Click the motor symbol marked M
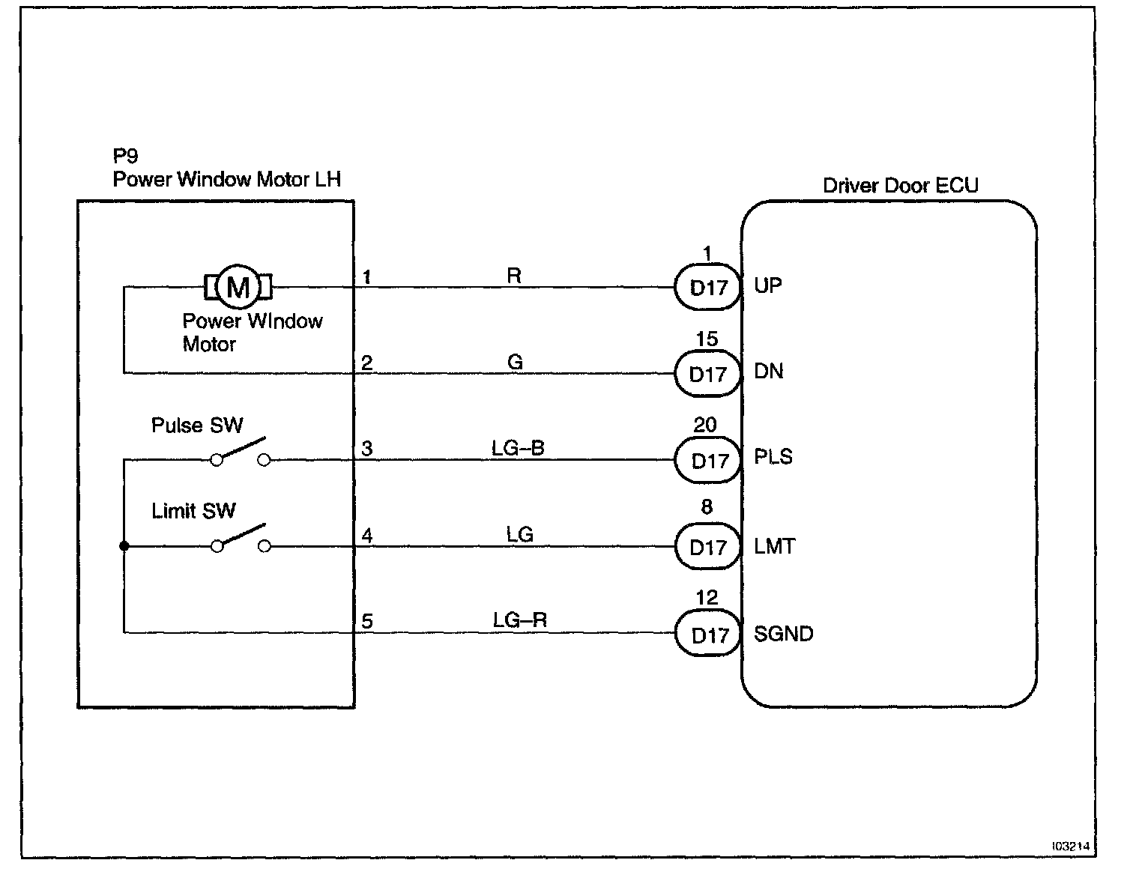(238, 286)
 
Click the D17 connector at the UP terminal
(708, 288)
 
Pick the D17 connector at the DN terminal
(708, 374)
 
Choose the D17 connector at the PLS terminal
(708, 461)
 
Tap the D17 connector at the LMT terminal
(708, 548)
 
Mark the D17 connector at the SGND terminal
(708, 635)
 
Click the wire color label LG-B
(518, 448)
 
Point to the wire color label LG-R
(519, 620)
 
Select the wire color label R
(514, 276)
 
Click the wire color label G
(515, 363)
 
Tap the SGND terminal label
(783, 634)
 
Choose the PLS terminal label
(773, 457)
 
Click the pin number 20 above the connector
(705, 425)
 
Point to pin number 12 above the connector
(706, 598)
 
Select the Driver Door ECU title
(900, 185)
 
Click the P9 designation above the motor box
(125, 156)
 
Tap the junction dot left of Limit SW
(124, 546)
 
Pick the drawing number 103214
(1070, 846)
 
